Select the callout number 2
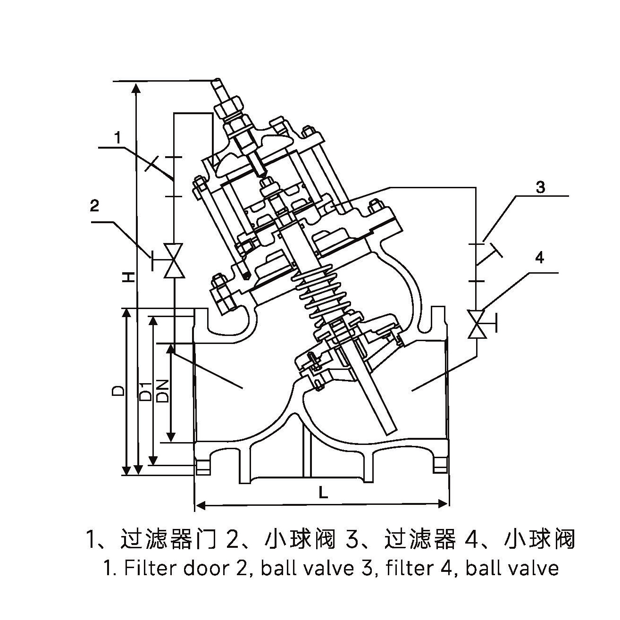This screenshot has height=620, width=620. pyautogui.click(x=95, y=206)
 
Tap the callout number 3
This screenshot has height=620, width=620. pyautogui.click(x=540, y=187)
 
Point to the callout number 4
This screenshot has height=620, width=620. pyautogui.click(x=540, y=258)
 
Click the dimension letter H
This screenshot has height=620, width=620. pyautogui.click(x=127, y=277)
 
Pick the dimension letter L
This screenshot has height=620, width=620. pyautogui.click(x=323, y=493)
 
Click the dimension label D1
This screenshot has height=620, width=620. pyautogui.click(x=146, y=390)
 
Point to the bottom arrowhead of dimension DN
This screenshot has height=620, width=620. pyautogui.click(x=172, y=437)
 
